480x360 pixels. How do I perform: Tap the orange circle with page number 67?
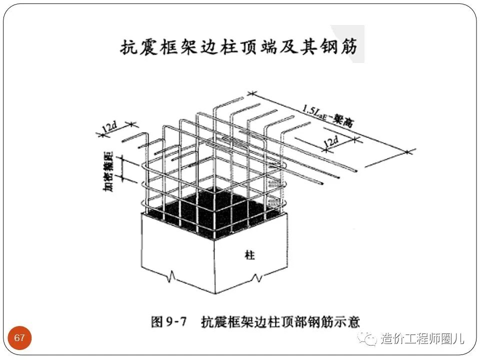(x=20, y=338)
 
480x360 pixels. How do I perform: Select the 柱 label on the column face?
(x=250, y=255)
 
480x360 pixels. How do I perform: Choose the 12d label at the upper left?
(x=109, y=127)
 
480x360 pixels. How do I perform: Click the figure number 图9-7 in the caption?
(x=168, y=321)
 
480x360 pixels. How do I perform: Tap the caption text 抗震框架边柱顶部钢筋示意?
(x=280, y=321)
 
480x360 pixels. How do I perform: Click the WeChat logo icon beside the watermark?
(x=370, y=339)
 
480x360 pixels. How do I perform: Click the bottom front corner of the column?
(x=214, y=294)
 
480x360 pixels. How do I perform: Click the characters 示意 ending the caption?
(x=348, y=321)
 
